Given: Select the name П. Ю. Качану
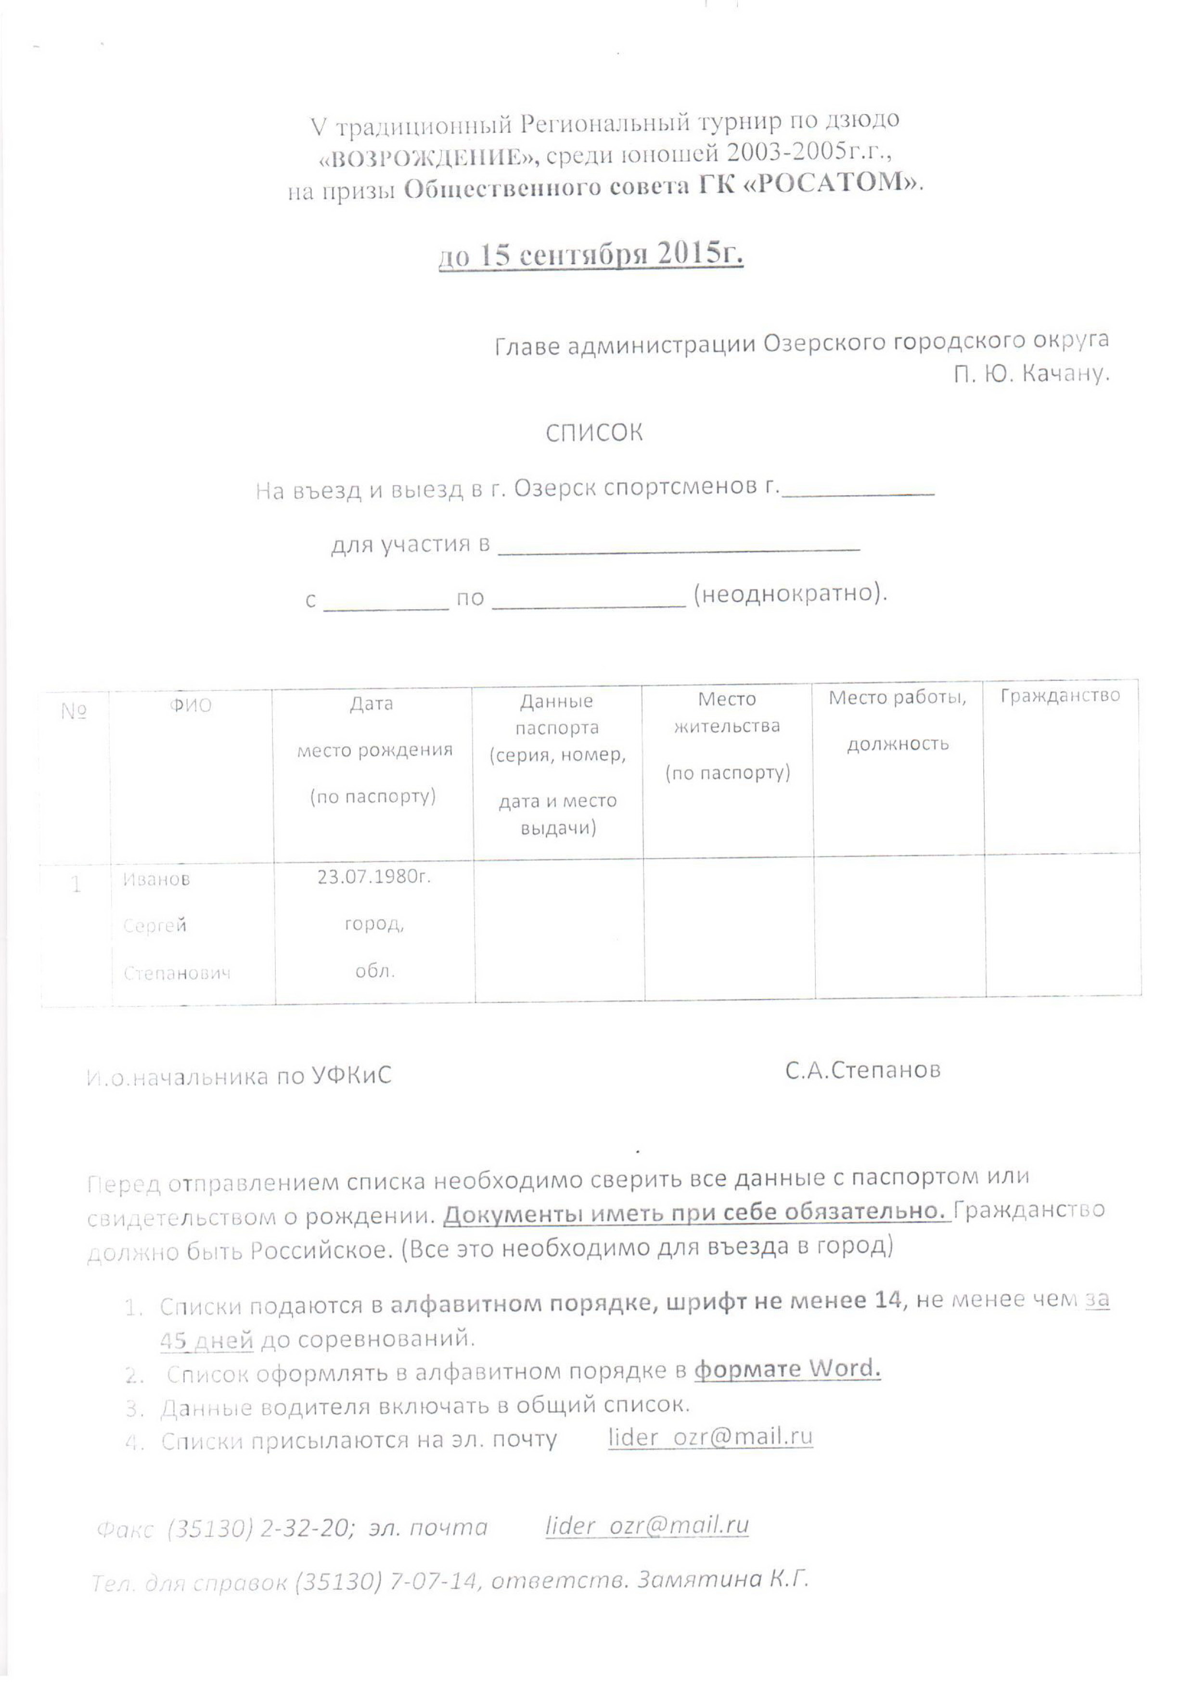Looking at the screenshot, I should coord(1031,374).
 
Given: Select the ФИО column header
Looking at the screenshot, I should coord(191,706).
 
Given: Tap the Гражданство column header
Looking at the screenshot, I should coord(1059,695).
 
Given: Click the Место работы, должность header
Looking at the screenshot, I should coord(897,720).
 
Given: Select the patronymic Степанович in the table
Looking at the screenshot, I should coord(177,973).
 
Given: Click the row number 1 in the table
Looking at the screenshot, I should coord(76,884).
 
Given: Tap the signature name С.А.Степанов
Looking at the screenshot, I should coord(862,1070).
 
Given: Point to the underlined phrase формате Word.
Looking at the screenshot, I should coord(787,1369).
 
